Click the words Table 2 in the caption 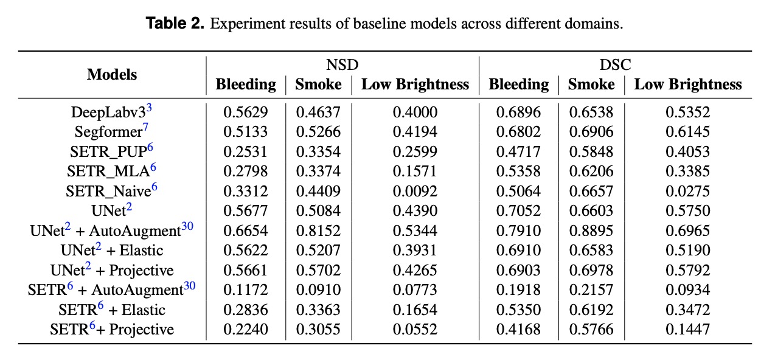pos(175,24)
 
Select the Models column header pos(112,74)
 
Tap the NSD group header pos(342,64)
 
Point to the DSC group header pos(615,64)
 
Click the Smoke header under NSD pos(318,85)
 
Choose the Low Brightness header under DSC pos(688,85)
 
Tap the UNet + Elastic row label pos(112,250)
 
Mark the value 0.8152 pos(318,230)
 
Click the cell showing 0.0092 pos(415,191)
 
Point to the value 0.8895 pos(591,230)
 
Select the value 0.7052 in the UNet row pos(518,210)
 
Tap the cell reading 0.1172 pos(246,290)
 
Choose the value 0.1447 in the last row pos(688,329)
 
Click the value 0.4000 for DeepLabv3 pos(415,112)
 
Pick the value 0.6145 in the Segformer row pos(688,132)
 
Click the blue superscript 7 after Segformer pos(145,127)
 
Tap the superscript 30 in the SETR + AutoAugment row pos(189,286)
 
